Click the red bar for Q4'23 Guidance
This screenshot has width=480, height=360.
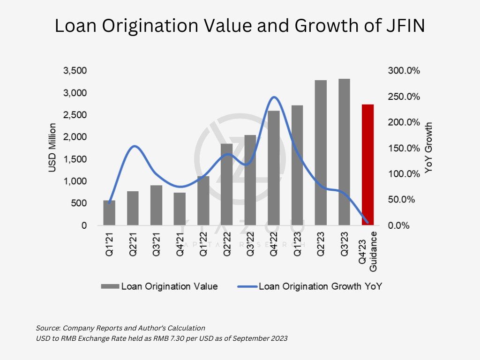click(367, 165)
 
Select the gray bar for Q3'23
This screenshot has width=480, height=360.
click(344, 152)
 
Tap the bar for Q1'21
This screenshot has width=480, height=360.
click(109, 213)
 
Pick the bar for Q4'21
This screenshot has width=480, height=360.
click(180, 209)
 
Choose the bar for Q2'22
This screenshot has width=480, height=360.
click(227, 185)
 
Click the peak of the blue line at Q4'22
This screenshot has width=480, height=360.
click(274, 97)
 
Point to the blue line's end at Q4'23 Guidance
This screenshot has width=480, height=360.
click(367, 222)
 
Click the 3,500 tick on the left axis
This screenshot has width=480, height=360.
click(75, 71)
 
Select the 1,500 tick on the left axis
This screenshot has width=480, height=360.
click(75, 159)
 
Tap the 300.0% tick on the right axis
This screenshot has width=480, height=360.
click(404, 71)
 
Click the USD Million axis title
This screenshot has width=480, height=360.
click(52, 148)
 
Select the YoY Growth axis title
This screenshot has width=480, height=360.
click(428, 148)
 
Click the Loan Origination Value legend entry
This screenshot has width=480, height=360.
click(169, 286)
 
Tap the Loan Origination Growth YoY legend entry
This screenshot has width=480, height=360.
click(320, 286)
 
